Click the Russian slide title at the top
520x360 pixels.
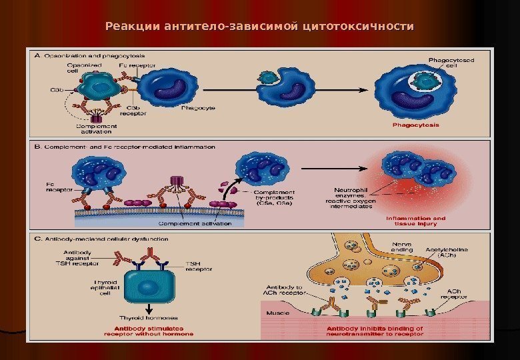click(x=259, y=27)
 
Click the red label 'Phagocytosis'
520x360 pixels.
click(x=415, y=125)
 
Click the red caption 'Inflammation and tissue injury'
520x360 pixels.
click(x=416, y=221)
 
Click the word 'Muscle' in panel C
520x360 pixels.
click(x=275, y=311)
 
